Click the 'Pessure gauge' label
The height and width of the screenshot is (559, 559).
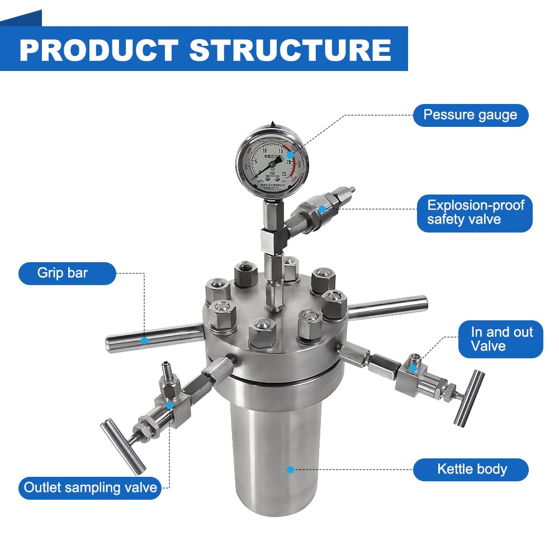coord(470,115)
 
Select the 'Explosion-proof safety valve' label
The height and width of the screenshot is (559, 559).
coord(475,212)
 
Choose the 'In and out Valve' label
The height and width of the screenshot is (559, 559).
coord(500,339)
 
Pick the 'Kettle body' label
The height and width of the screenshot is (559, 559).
coord(471,469)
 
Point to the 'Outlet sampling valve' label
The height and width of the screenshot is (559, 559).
coord(90,487)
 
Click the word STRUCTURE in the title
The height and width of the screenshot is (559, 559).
coord(290,50)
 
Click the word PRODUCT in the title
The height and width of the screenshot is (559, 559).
coord(98,50)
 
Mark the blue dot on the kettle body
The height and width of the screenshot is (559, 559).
coord(290,470)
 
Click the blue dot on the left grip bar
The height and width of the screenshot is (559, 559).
coord(144,340)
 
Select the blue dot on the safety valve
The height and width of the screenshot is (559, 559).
coord(322,209)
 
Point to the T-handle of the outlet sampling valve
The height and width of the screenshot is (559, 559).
coord(122,446)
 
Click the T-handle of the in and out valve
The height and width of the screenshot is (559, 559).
coord(468,397)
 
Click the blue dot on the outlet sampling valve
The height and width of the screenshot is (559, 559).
coord(169,405)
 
